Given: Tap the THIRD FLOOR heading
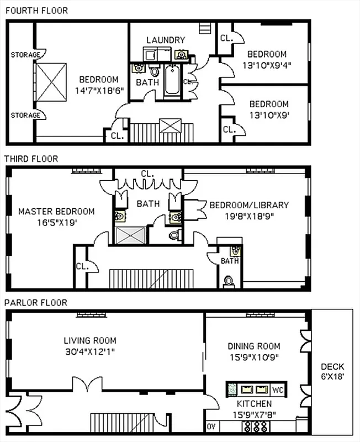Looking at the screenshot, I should (x=31, y=159).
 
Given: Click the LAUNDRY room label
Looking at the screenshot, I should (x=166, y=40).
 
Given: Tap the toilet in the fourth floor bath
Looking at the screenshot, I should (x=155, y=72).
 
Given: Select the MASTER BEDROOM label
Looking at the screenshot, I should (x=56, y=211).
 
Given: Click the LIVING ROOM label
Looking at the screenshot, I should (x=90, y=340).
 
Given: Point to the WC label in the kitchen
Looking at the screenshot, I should (x=278, y=390).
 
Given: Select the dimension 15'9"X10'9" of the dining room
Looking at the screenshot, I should (x=254, y=357).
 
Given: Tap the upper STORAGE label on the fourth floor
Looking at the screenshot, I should (x=25, y=55).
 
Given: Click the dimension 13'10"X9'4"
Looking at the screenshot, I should (x=267, y=65).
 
